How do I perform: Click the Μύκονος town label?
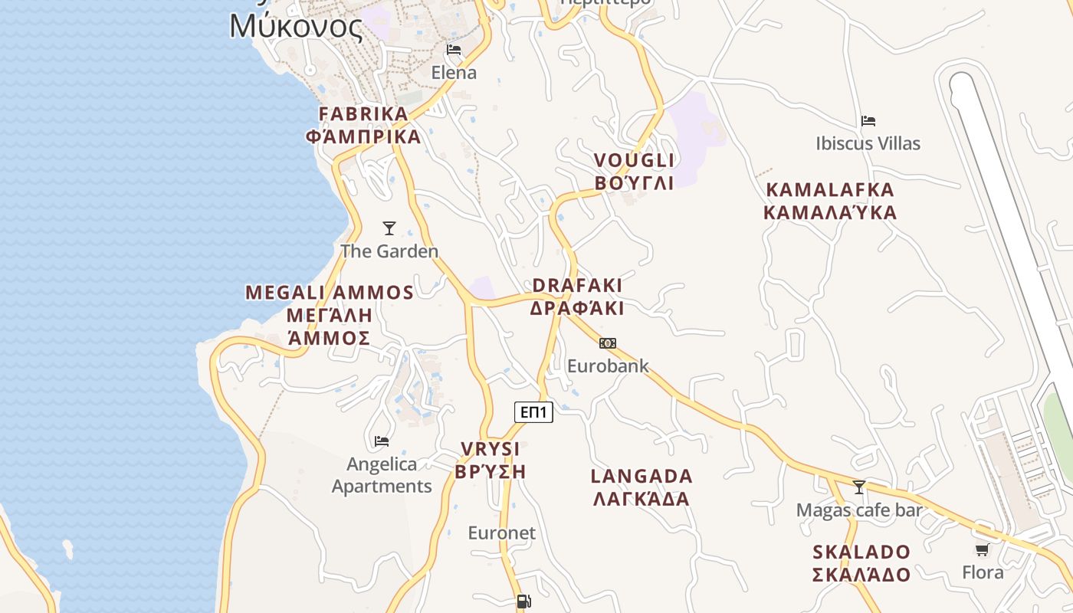(x=296, y=27)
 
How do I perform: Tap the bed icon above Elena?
(x=454, y=50)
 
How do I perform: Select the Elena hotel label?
(x=454, y=73)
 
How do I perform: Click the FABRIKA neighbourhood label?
(x=363, y=114)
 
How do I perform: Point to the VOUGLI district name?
(x=635, y=160)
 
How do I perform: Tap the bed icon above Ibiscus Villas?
(x=868, y=121)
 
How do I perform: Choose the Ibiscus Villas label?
(x=868, y=143)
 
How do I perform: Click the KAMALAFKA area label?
(x=830, y=190)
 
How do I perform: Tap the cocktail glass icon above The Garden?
(x=389, y=228)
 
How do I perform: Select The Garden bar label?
(x=389, y=251)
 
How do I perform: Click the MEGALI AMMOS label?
(x=330, y=293)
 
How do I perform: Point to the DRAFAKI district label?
(x=577, y=285)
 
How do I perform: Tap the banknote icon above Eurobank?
(x=608, y=343)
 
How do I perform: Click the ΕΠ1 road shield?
(x=533, y=412)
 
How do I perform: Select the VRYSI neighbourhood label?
(x=491, y=449)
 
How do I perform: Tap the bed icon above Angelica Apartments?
(x=382, y=441)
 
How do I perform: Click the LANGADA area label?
(x=642, y=476)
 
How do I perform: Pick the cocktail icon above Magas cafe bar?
(x=859, y=487)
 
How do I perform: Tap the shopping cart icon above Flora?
(x=983, y=549)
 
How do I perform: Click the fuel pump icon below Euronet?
(x=523, y=602)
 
